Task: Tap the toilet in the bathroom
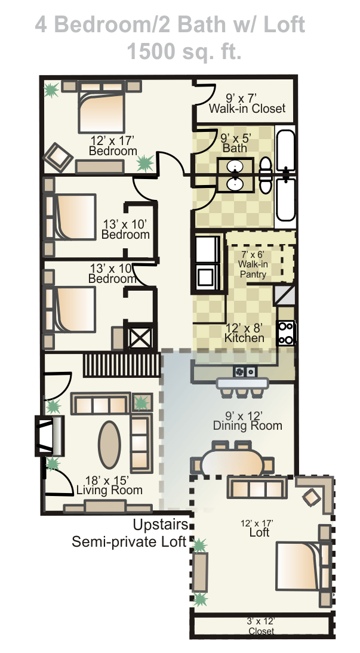coord(266,175)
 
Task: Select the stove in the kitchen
coord(287,332)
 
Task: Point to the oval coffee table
coord(109,444)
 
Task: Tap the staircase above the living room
coord(122,365)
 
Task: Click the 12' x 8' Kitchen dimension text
coord(244,332)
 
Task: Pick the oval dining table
coord(232,462)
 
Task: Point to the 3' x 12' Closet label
coord(261,626)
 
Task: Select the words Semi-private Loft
coord(129,542)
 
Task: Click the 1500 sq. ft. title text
coord(184,52)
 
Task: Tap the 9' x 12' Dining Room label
coord(248,421)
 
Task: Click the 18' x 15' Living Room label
coord(109,486)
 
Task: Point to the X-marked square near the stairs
coord(140,338)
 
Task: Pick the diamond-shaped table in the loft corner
coord(312,497)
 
